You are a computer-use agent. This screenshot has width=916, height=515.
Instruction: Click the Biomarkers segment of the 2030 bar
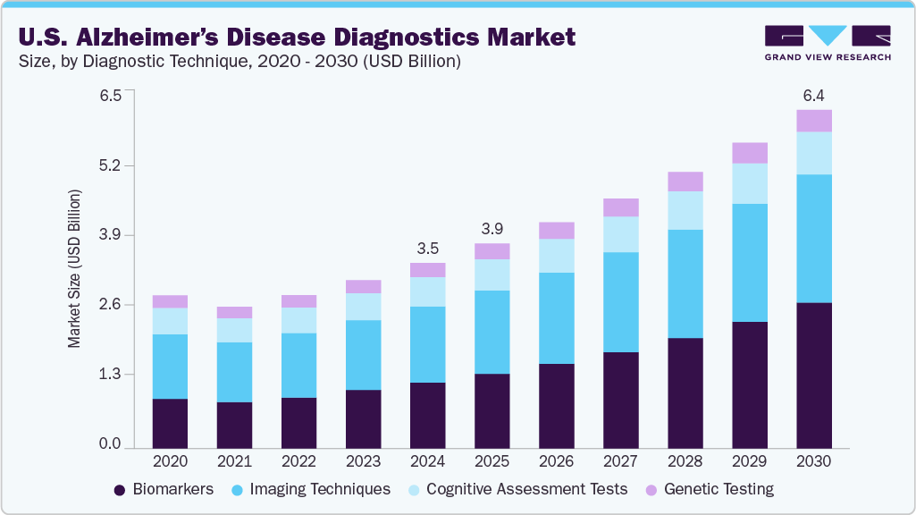pos(814,375)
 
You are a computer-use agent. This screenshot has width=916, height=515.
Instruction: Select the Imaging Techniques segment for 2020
pos(170,367)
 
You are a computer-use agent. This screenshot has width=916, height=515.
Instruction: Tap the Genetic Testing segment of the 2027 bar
pos(621,207)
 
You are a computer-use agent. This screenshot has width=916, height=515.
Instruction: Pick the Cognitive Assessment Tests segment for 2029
pos(750,183)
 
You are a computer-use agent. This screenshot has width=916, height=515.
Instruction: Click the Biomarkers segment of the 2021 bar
pos(234,425)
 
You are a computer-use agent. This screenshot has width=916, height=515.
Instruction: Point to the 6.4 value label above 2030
pos(814,95)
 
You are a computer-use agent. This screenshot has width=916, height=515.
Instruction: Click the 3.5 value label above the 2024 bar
pos(427,248)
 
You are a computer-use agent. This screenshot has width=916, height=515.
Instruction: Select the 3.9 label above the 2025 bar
pos(492,228)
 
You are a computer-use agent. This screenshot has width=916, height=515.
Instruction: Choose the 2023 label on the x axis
pos(363,462)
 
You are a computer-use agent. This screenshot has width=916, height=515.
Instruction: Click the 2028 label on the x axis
pos(685,462)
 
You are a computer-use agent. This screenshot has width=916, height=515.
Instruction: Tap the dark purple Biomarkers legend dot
pos(119,490)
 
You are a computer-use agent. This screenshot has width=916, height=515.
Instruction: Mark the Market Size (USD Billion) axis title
pos(75,269)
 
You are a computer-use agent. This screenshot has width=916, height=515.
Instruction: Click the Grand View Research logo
pos(828,42)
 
